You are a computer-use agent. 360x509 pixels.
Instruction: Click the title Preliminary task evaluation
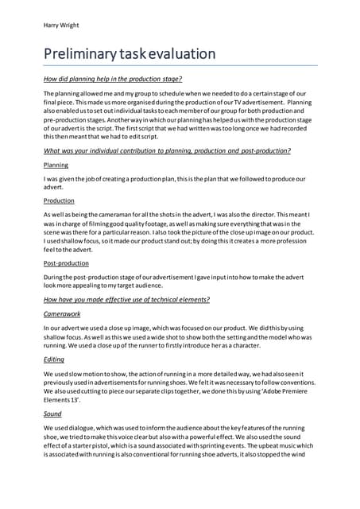tap(130, 54)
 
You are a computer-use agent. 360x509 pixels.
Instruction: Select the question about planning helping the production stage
tap(113, 79)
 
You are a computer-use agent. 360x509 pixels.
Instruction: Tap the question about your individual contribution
tap(167, 150)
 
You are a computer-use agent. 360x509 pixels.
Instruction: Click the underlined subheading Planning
tap(56, 165)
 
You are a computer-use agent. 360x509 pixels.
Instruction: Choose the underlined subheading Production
tap(60, 200)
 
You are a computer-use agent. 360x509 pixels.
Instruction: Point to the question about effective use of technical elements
tap(126, 300)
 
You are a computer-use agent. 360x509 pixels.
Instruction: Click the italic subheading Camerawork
tap(63, 315)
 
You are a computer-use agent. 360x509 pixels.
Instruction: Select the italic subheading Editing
tap(53, 359)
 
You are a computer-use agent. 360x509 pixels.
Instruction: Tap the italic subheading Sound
tap(52, 413)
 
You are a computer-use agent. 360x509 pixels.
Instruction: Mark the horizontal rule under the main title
tap(180, 65)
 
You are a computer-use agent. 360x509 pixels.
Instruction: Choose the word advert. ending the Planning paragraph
tap(55, 188)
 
